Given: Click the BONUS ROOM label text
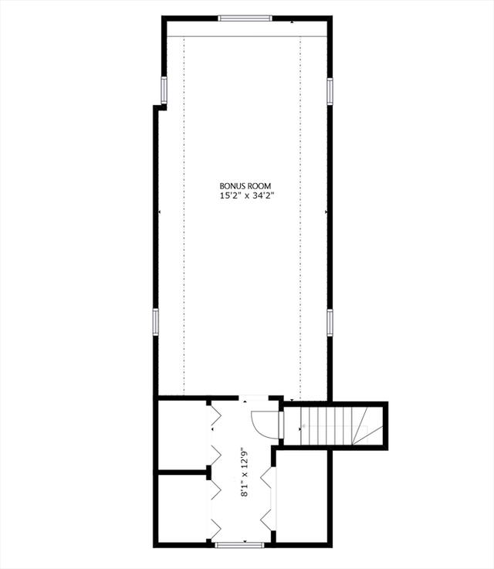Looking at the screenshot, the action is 245,186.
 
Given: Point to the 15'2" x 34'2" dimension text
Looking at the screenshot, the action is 247,196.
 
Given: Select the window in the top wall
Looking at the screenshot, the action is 245,19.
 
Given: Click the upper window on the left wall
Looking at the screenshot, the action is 164,90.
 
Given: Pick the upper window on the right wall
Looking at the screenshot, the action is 330,91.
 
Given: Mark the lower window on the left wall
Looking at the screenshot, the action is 156,322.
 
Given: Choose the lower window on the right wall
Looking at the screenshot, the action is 330,322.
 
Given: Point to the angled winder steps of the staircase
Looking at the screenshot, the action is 367,425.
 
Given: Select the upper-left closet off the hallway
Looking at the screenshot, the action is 183,435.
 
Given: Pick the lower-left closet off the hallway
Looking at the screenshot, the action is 183,509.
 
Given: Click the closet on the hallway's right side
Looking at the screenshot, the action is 302,496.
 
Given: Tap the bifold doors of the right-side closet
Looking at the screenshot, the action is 269,498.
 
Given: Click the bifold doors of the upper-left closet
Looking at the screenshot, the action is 215,435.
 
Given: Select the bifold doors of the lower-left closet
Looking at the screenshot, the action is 215,509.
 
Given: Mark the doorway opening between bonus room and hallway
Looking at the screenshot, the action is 253,398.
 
